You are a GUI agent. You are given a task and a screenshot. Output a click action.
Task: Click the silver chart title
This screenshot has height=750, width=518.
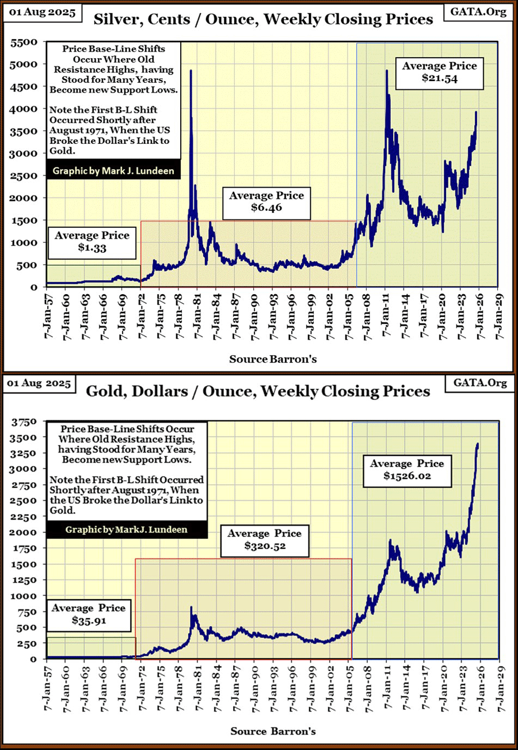263,20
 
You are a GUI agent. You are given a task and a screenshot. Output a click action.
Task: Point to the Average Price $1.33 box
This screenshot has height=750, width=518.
93,242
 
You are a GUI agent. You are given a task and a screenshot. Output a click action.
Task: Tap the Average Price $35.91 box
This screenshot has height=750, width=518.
90,614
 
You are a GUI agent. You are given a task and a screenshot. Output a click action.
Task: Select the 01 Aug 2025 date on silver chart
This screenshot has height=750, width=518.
40,12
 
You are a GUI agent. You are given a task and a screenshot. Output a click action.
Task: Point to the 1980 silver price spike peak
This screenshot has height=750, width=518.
191,71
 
